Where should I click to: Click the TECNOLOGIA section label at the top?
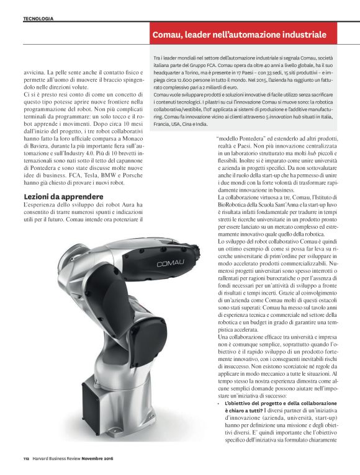38,19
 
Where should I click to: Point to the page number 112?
27,458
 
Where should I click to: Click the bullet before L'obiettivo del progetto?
220,387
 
